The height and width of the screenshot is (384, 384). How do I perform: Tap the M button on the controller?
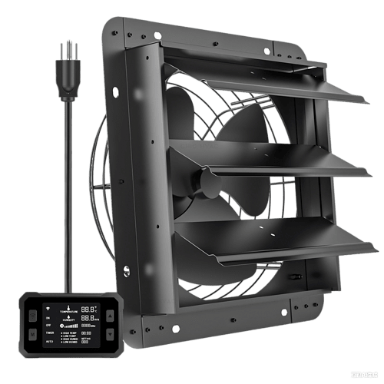[x=32, y=334]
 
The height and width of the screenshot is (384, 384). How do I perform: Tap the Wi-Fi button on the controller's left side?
[x=32, y=314]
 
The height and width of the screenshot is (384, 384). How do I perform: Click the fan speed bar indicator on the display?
[x=70, y=326]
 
